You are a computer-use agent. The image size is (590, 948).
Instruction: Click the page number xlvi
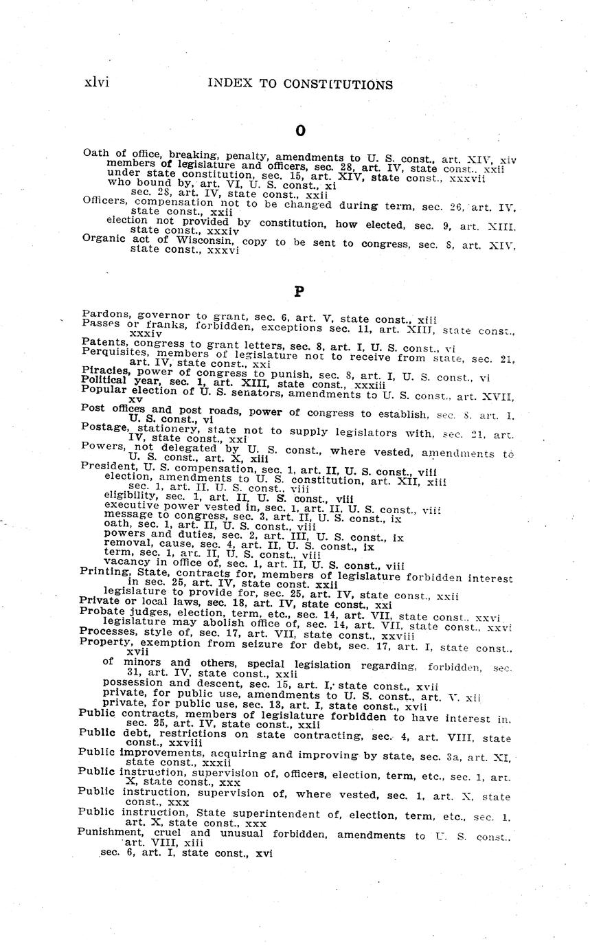coord(96,83)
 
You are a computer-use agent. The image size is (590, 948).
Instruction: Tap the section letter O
coord(299,131)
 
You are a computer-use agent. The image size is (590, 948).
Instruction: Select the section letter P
coord(299,291)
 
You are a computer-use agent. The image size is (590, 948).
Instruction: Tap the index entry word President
coord(107,465)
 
